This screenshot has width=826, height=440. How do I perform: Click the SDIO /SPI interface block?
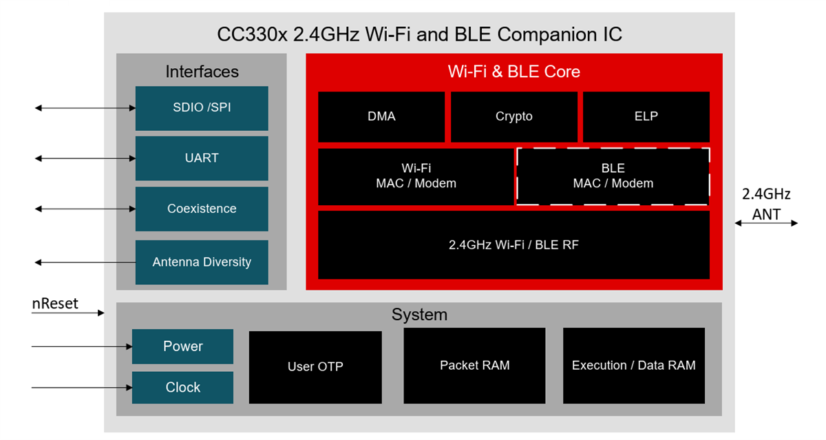click(x=202, y=108)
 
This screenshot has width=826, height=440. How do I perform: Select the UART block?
click(x=202, y=158)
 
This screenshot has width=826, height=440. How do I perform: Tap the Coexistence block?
click(x=202, y=209)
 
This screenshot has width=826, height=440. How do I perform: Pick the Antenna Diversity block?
click(x=202, y=262)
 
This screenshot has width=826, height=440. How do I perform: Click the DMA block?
click(x=381, y=117)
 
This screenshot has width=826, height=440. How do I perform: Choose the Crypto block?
click(x=514, y=117)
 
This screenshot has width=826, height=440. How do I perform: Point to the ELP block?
click(x=646, y=117)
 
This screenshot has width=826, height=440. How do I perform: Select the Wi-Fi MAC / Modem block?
click(x=416, y=176)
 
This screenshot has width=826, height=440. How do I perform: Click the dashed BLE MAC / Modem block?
click(x=613, y=176)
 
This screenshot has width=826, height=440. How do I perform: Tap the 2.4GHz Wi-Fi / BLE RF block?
click(x=513, y=244)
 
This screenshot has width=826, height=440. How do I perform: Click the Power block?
click(x=182, y=346)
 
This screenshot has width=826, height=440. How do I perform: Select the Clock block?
click(x=182, y=388)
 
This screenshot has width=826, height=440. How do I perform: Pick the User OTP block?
click(x=315, y=367)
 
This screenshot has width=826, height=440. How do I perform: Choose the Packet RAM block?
click(x=474, y=366)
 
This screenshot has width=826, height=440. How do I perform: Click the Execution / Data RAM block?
click(x=633, y=366)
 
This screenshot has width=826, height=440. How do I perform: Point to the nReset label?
click(x=55, y=304)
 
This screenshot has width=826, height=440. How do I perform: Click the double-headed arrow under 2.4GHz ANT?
click(x=766, y=223)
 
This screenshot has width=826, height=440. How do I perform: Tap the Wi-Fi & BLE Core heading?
click(x=513, y=72)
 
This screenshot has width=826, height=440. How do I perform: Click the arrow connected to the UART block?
click(x=85, y=158)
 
